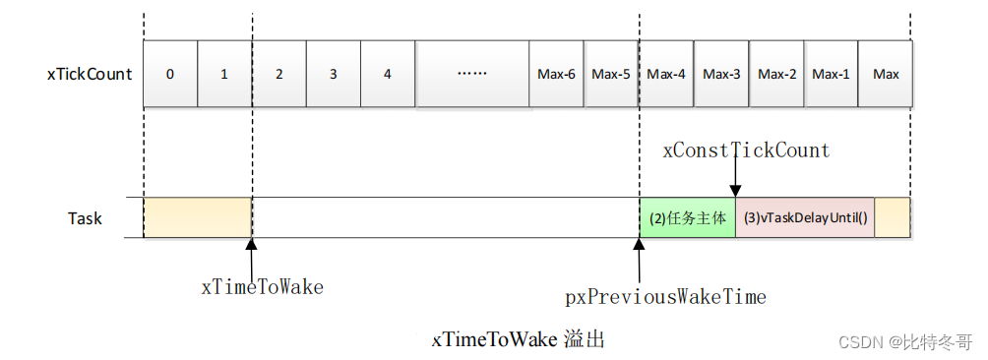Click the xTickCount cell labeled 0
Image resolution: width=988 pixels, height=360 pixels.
(x=170, y=74)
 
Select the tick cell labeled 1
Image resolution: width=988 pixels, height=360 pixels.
(x=224, y=74)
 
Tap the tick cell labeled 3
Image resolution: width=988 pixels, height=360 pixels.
(x=334, y=74)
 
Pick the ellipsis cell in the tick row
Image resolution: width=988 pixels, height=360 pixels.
(x=472, y=74)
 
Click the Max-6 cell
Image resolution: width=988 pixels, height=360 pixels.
(x=556, y=74)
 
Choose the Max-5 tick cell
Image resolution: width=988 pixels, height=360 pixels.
(x=611, y=74)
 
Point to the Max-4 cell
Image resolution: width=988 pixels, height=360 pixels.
(x=666, y=74)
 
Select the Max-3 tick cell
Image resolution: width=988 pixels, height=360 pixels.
(x=721, y=74)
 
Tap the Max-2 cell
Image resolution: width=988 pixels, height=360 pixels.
(x=776, y=74)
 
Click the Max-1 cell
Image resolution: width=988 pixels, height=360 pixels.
(x=831, y=74)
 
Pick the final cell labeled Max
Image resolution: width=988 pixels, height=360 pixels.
(x=886, y=74)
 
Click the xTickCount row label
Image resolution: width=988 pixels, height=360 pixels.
(x=90, y=74)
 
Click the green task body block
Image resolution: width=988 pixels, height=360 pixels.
(x=687, y=217)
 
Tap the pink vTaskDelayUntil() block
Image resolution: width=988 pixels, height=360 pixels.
(x=804, y=217)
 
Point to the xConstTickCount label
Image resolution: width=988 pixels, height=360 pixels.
(x=746, y=150)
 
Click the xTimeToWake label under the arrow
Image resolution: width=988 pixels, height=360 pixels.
(x=262, y=287)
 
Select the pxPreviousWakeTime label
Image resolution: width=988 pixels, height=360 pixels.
(x=665, y=296)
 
